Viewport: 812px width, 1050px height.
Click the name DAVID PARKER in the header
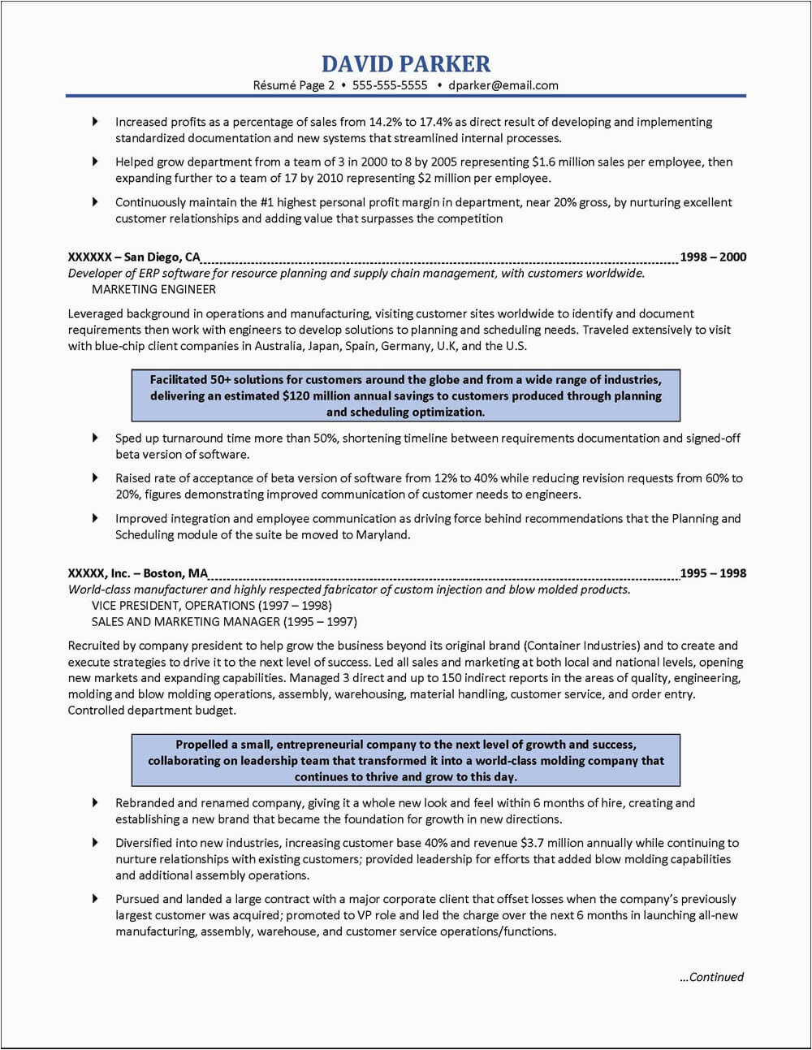[406, 63]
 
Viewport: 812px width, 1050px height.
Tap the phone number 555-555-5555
[391, 85]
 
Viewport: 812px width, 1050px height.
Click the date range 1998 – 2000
[713, 257]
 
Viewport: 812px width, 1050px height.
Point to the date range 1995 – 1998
[713, 573]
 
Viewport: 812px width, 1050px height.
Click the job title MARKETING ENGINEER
[153, 289]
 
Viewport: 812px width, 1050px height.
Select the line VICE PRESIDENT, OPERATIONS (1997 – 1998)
[212, 606]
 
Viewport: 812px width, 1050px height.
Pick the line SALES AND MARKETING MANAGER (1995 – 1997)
[224, 622]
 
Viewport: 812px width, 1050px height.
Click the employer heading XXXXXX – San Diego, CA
[134, 257]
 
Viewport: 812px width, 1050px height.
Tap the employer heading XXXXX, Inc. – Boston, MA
[138, 573]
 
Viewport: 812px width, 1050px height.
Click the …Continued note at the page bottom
[710, 978]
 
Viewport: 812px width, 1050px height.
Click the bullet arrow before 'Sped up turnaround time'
[95, 438]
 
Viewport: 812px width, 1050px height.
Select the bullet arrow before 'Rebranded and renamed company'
[95, 802]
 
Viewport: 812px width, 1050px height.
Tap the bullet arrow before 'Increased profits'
[95, 122]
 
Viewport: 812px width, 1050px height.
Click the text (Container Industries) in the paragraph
[582, 646]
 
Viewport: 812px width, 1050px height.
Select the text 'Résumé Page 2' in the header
[294, 85]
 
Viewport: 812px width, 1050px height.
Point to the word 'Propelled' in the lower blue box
[203, 745]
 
